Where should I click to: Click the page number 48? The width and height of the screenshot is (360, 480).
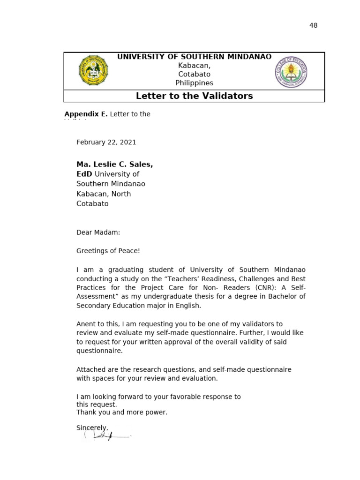313,25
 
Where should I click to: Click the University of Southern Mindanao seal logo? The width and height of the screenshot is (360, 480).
94,70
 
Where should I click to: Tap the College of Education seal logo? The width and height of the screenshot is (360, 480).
291,72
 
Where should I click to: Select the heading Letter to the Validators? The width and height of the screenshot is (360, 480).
194,96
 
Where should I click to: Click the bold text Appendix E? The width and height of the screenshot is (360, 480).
86,114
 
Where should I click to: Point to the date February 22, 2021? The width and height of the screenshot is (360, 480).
106,142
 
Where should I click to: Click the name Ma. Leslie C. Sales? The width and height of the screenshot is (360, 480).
114,165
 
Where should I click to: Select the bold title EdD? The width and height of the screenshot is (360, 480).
84,174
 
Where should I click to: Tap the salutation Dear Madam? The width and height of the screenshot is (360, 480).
98,232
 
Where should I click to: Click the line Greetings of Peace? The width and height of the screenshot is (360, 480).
108,251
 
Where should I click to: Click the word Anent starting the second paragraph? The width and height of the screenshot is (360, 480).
86,324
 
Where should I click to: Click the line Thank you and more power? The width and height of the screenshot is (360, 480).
122,412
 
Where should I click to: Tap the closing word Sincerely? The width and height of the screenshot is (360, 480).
92,427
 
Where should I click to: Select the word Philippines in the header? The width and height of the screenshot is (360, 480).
194,83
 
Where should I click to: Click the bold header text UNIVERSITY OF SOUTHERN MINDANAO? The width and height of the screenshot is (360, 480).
194,57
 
